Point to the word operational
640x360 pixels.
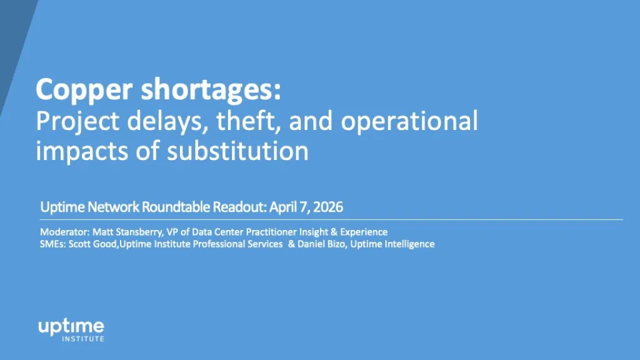point(409,122)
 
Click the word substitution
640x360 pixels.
point(237,151)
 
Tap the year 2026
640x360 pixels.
point(328,207)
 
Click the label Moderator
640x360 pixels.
point(64,232)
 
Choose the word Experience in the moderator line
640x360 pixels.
point(364,232)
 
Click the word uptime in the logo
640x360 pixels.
point(71,327)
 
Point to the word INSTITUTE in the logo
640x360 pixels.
point(83,339)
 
